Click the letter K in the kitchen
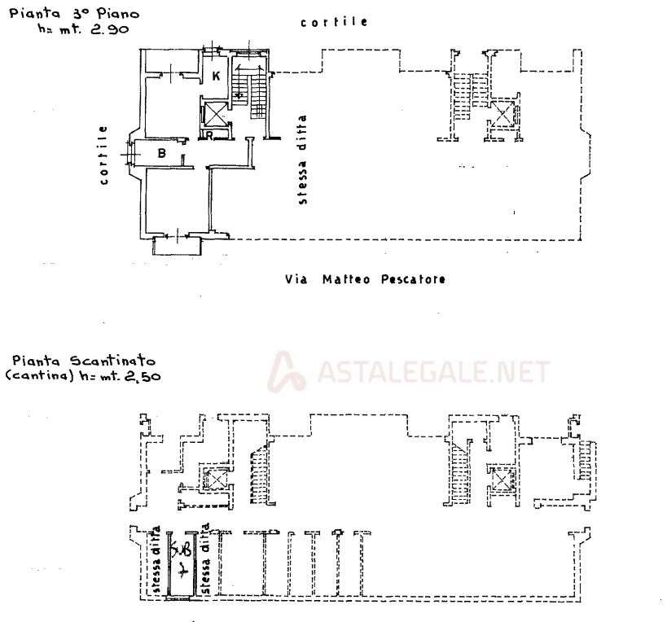point(216,77)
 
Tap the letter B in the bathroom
point(162,152)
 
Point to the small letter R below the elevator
point(209,136)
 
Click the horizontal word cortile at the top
point(334,23)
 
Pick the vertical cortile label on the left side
point(104,155)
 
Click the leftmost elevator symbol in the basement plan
point(217,479)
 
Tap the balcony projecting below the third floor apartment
point(176,247)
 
